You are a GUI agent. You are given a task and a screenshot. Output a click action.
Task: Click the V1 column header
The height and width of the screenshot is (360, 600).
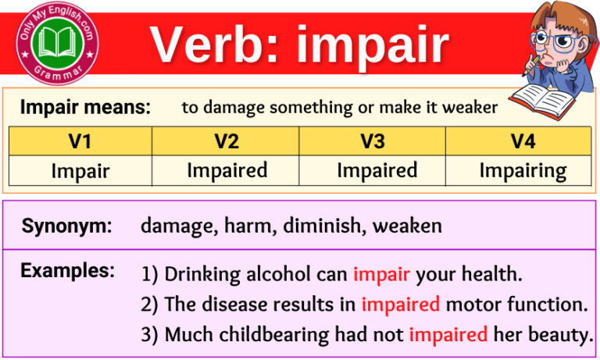80,141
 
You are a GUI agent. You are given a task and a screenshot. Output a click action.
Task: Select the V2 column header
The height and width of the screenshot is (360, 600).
227,141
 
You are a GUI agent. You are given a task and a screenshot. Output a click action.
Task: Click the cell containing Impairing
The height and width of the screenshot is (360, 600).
522,170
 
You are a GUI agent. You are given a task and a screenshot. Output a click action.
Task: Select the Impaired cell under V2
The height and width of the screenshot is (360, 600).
227,170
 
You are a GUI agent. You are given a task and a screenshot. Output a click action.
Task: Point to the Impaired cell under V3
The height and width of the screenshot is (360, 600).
377,170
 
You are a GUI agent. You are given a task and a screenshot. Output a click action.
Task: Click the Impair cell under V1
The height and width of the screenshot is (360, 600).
80,171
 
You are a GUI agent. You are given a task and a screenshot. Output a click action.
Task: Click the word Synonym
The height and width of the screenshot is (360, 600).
66,226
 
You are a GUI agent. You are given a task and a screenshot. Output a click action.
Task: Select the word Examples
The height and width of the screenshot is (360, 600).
67,271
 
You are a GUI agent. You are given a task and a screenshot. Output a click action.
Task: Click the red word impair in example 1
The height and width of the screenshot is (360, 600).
381,275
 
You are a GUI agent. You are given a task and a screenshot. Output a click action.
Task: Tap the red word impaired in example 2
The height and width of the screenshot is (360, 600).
400,305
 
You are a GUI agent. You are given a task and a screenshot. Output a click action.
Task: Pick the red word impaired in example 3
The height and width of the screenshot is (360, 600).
448,334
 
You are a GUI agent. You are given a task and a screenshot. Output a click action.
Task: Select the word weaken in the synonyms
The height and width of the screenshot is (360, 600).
407,226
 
